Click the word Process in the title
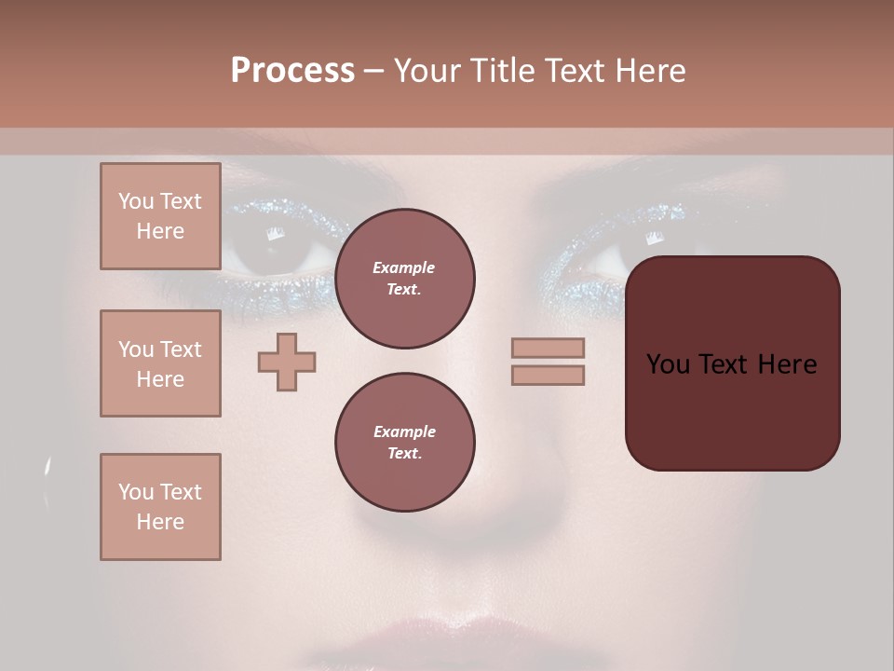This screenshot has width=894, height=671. click(292, 71)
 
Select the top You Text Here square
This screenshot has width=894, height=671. click(160, 216)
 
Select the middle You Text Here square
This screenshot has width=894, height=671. click(160, 363)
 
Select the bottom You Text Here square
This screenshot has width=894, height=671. click(160, 506)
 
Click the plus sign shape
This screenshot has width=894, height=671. click(287, 362)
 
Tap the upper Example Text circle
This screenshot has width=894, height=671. click(404, 279)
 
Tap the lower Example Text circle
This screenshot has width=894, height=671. click(404, 443)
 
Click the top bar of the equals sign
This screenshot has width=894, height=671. click(548, 348)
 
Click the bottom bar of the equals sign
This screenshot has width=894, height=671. click(548, 375)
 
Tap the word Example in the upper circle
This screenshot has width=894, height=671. click(404, 267)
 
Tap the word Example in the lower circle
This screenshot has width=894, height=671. click(404, 431)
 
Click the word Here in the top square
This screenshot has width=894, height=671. click(160, 231)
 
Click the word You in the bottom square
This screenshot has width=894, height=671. click(135, 491)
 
